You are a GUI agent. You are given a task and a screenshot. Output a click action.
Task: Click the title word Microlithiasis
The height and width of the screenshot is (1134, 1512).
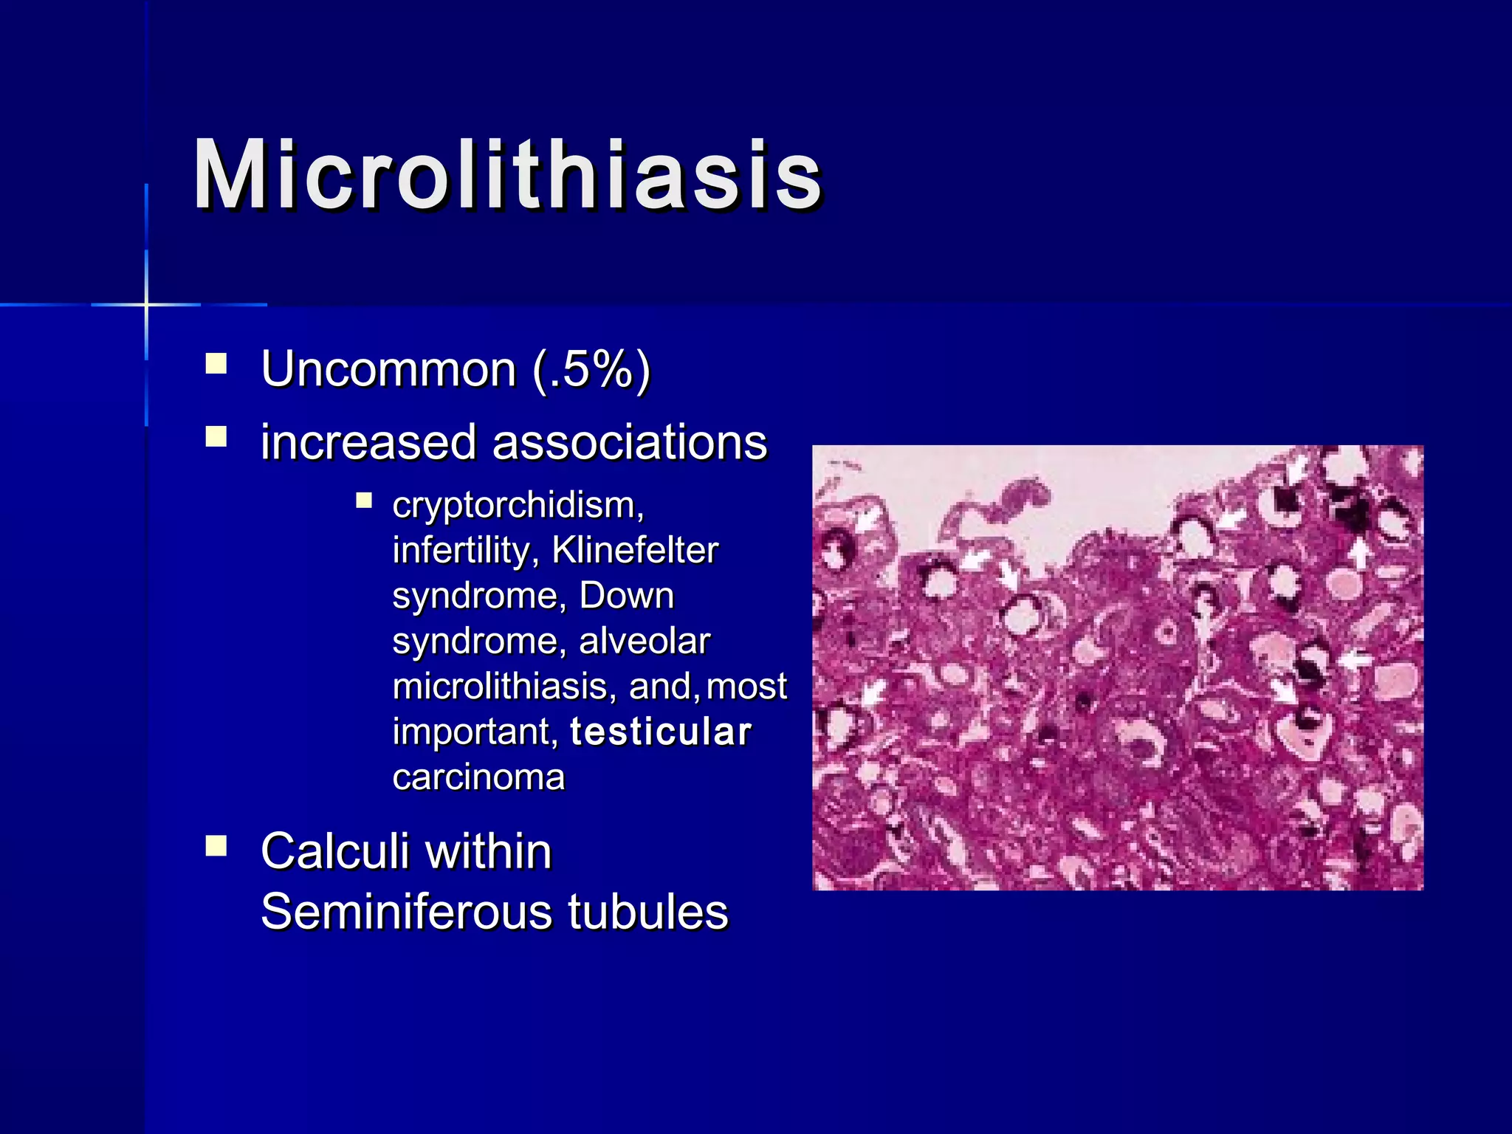[x=507, y=176]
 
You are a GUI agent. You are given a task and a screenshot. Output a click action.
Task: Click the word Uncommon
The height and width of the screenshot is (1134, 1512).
[x=388, y=369]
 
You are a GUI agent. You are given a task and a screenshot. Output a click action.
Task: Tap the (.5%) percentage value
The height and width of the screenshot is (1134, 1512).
[x=591, y=369]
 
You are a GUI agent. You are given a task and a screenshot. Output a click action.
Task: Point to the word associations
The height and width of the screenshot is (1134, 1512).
[x=630, y=443]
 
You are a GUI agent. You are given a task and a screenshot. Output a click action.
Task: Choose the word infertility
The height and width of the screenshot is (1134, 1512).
[x=465, y=551]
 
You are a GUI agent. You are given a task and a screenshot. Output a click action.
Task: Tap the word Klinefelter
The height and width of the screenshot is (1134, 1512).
[x=635, y=551]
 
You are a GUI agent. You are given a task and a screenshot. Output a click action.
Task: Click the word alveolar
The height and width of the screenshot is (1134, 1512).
[x=644, y=641]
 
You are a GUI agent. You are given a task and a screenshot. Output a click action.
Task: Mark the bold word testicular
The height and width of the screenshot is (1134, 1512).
[x=661, y=732]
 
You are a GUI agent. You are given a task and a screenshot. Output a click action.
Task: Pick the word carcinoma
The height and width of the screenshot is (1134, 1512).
[x=478, y=777]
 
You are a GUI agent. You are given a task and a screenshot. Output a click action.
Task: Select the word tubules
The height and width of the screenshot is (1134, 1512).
[x=647, y=912]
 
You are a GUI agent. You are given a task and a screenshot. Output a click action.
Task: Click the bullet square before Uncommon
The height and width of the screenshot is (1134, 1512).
[x=216, y=364]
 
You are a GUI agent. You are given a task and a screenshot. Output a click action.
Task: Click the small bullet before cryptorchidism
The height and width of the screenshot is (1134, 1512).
[x=364, y=501]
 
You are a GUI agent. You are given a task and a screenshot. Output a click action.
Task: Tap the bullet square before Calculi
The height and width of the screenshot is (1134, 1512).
[x=216, y=845]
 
